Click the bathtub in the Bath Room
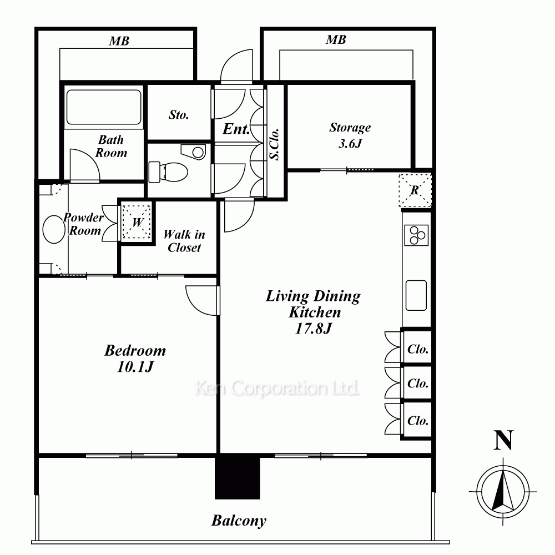(104, 107)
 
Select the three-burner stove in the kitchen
(416, 235)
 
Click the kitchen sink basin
(416, 296)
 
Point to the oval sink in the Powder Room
(54, 229)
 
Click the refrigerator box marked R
(415, 190)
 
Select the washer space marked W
(137, 223)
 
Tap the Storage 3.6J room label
(350, 135)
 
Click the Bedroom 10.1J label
(135, 358)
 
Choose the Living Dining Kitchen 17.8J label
(313, 312)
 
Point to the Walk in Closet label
(184, 241)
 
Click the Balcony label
(239, 521)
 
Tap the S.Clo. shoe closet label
(275, 144)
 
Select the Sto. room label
(179, 115)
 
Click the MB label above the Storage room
(336, 39)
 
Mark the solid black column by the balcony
(238, 476)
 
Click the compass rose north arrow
(503, 492)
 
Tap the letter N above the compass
(503, 440)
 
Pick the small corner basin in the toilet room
(194, 152)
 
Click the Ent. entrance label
(236, 129)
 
